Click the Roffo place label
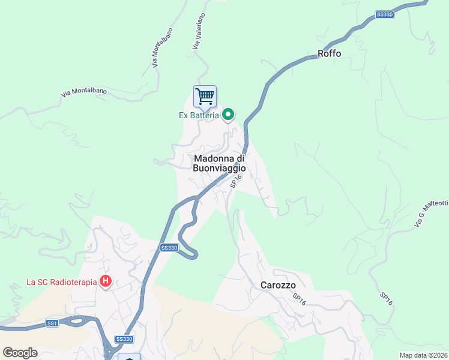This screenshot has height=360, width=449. point(329,53)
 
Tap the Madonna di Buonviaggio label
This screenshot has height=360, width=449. point(220,163)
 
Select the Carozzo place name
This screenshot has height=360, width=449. point(279,286)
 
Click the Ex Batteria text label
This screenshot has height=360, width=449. point(198,115)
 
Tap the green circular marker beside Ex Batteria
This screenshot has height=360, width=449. point(228,114)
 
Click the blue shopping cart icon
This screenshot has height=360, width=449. point(205,96)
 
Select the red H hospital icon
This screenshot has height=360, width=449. point(106,281)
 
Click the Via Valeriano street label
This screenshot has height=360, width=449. point(199,31)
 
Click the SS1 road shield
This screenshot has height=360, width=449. point(52,323)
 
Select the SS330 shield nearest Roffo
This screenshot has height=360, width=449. point(384,15)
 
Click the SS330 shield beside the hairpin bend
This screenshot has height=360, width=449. point(169,248)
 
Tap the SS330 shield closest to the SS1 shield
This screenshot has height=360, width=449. point(124,339)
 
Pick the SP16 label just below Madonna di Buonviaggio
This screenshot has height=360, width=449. point(236,181)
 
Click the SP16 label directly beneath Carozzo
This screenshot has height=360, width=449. point(300,300)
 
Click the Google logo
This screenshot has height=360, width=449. point(20,352)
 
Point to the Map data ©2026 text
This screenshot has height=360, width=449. point(423,355)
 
